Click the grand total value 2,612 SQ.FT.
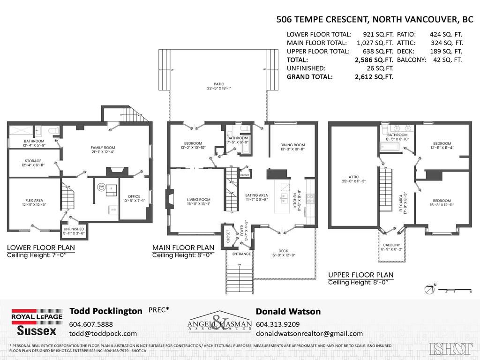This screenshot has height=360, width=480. coord(374,77)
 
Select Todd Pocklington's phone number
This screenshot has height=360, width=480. coord(91,324)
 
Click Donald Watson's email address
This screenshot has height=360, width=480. coord(309,333)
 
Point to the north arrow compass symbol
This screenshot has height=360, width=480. coord(429,289)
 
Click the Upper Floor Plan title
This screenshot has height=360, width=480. coord(360,275)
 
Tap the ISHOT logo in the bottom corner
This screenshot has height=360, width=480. coord(450,348)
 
